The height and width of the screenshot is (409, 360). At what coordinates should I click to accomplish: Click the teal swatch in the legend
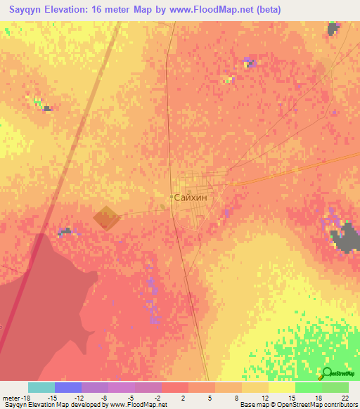click(41, 387)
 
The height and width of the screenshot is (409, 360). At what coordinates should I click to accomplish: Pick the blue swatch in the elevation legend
click(68, 387)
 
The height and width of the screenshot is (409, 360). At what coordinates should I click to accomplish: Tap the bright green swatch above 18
click(309, 387)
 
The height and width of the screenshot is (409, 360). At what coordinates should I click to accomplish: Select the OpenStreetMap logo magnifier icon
click(327, 374)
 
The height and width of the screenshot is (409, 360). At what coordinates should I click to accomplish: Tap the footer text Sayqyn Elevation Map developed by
click(49, 405)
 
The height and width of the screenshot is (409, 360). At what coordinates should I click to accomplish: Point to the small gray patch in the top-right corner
click(333, 29)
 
